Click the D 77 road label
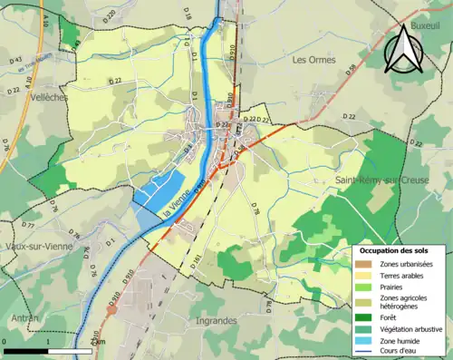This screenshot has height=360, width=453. tap(28, 223)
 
